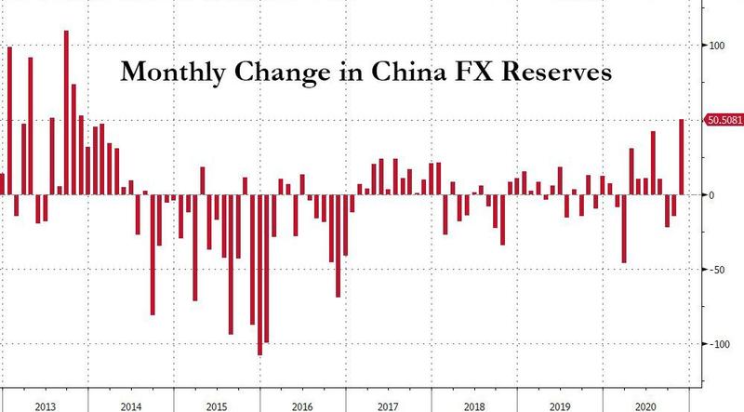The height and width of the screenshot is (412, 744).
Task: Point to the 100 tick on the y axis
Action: coord(718,45)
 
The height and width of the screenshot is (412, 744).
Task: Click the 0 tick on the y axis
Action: coord(711,194)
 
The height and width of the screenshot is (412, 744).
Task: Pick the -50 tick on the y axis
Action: coord(717,270)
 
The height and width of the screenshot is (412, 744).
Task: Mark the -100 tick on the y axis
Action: coord(720,344)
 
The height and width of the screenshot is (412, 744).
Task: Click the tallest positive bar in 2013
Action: coord(66,112)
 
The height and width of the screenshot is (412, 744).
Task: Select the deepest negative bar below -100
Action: coord(259,274)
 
